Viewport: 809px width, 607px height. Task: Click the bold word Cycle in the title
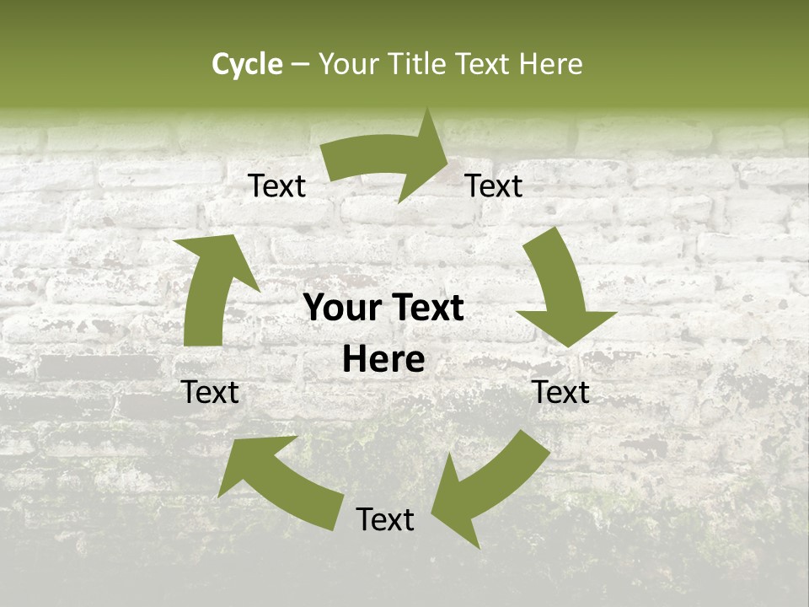pyautogui.click(x=247, y=64)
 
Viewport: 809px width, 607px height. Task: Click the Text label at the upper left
pyautogui.click(x=277, y=186)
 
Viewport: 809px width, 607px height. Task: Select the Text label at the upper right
pyautogui.click(x=494, y=186)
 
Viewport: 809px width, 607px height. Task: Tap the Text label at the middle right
pyautogui.click(x=561, y=392)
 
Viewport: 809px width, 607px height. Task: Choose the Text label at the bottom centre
pyautogui.click(x=385, y=520)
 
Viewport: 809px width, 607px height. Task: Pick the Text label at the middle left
pyautogui.click(x=211, y=392)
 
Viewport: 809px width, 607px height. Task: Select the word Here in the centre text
pyautogui.click(x=383, y=360)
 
